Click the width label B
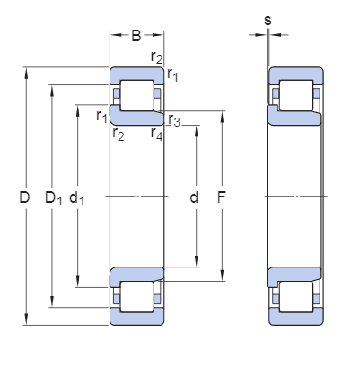[x=136, y=37]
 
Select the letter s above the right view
[x=268, y=19]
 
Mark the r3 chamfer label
[x=174, y=120]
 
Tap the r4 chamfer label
[x=157, y=135]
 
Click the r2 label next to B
[x=157, y=58]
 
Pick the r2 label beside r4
[x=118, y=135]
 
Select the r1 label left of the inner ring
[x=101, y=116]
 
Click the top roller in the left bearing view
[x=136, y=94]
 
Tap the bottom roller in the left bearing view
[x=136, y=296]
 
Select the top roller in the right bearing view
[x=295, y=94]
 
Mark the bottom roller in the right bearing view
[x=295, y=296]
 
